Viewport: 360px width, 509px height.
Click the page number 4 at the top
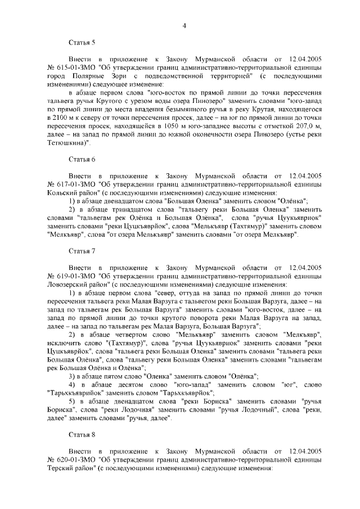pyautogui.click(x=184, y=25)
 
